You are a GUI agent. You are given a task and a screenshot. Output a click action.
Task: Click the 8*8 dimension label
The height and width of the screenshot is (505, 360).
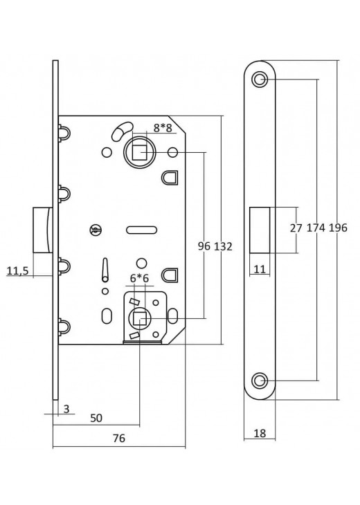pyautogui.click(x=163, y=128)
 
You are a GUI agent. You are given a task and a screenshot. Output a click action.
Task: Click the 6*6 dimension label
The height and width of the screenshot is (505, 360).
pyautogui.click(x=139, y=278)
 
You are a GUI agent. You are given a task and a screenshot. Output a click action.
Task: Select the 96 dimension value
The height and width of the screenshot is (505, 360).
pyautogui.click(x=204, y=246)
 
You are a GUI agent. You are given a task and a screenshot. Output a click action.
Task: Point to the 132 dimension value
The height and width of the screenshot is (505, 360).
pyautogui.click(x=223, y=246)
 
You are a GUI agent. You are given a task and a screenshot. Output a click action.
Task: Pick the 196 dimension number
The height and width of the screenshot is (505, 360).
pyautogui.click(x=338, y=228)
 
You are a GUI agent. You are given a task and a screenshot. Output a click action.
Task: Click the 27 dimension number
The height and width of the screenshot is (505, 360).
pyautogui.click(x=296, y=228)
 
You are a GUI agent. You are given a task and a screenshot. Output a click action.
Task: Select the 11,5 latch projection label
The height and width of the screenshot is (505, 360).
pyautogui.click(x=18, y=271)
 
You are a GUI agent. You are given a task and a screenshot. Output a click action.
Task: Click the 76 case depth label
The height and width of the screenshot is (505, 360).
pyautogui.click(x=119, y=438)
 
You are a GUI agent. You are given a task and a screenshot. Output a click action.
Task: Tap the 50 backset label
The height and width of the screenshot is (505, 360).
pyautogui.click(x=96, y=418)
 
